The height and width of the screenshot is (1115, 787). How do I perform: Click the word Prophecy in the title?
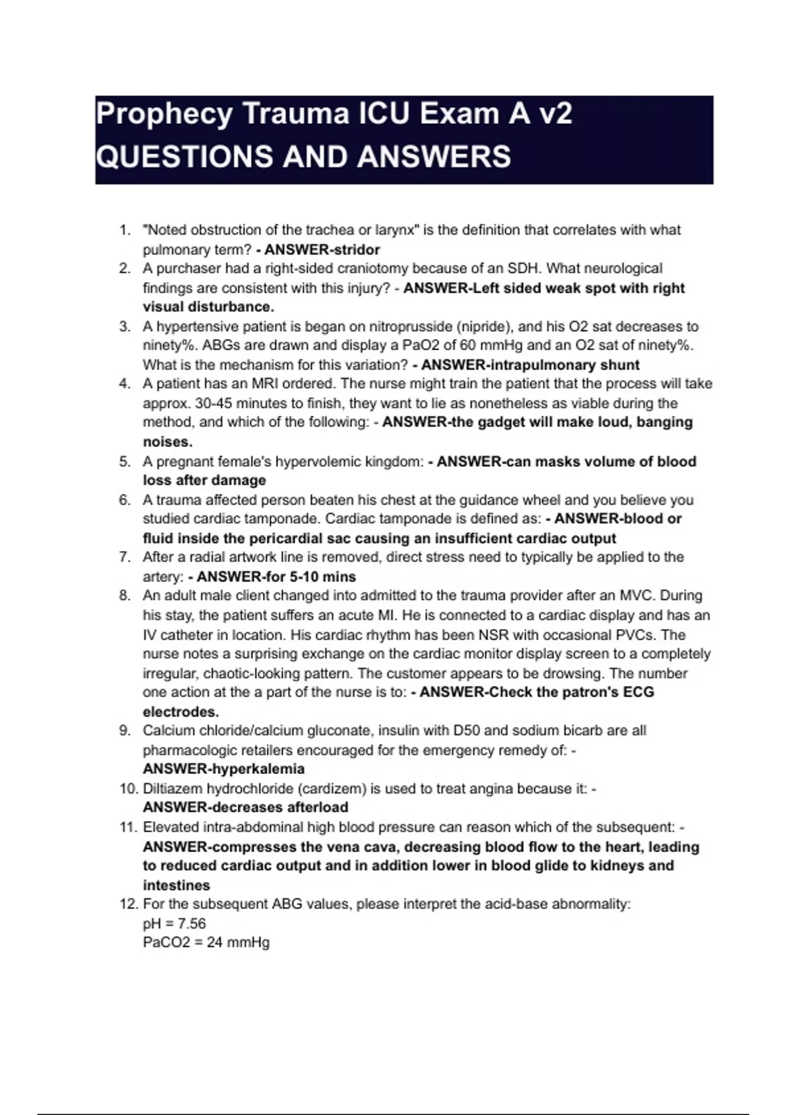(x=164, y=115)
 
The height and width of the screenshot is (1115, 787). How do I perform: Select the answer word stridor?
(x=358, y=250)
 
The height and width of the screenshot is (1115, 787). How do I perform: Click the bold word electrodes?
(x=181, y=712)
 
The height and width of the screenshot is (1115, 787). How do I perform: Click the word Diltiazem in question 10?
(x=172, y=788)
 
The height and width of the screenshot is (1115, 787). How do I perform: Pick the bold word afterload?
(x=312, y=807)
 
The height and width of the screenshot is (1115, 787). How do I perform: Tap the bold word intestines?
(x=176, y=885)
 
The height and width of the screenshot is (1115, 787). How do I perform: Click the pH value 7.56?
(x=192, y=923)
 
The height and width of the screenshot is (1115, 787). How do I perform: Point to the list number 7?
(x=125, y=557)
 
